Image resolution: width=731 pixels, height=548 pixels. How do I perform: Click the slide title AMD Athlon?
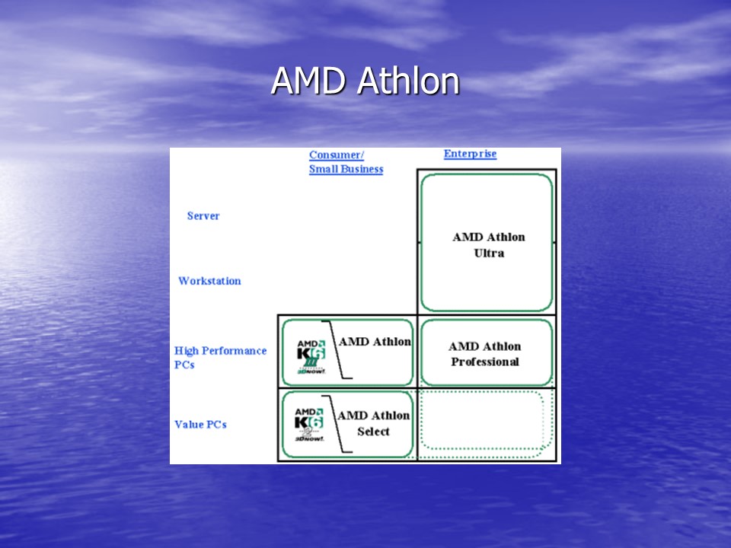365,81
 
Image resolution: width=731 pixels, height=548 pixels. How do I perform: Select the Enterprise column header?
470,154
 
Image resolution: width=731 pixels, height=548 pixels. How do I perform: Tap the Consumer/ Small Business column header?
346,162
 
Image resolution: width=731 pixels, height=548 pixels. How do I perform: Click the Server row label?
203,216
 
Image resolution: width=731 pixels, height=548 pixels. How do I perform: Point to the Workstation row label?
209,281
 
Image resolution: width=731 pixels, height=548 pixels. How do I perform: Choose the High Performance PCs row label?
220,358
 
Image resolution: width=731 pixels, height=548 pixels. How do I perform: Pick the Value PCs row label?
200,425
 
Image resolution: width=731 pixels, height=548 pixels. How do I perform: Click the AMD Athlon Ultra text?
488,245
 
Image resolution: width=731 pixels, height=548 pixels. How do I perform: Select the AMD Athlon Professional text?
484,354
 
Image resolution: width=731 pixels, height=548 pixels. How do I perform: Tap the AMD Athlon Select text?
373,424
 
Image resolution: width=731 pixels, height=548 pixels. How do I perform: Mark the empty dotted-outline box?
484,425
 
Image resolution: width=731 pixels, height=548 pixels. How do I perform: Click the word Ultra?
489,253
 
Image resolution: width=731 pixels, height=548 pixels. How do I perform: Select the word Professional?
484,362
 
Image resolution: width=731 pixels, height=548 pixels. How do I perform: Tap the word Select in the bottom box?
373,432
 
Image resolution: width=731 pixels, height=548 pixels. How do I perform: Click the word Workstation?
209,281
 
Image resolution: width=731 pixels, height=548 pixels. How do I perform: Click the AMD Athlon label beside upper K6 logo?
375,342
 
